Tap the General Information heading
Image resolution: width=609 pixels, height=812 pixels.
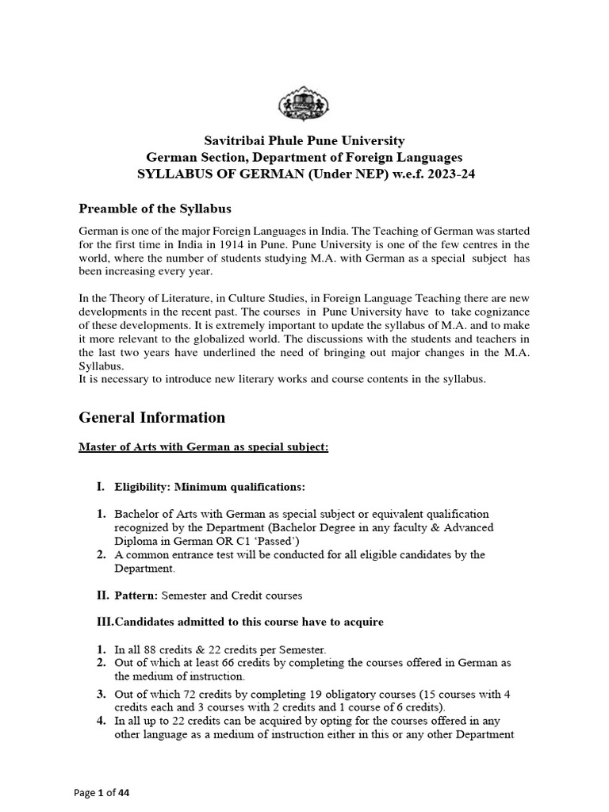coord(151,417)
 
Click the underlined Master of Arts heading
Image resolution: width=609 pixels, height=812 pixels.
coord(203,447)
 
